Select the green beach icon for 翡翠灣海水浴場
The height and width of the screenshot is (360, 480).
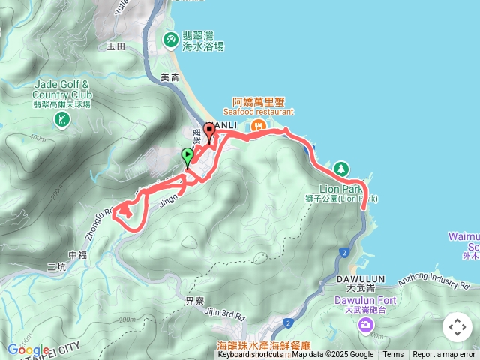tap(172, 38)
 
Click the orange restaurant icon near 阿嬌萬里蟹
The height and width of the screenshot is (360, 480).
tap(258, 126)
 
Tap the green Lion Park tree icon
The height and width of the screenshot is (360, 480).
tap(341, 168)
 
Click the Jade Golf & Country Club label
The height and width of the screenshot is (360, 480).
tap(62, 90)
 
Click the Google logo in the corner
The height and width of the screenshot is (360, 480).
tap(27, 349)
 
